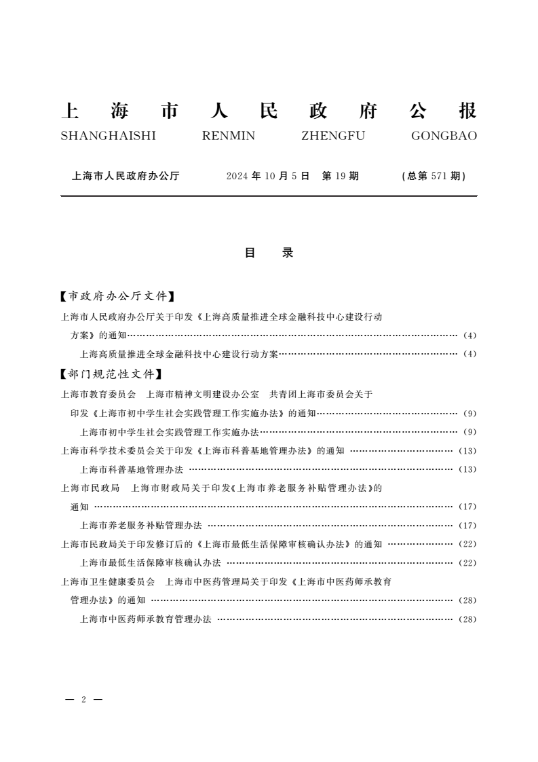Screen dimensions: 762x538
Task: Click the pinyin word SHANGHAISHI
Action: (x=109, y=136)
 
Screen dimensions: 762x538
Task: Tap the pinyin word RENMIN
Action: (x=229, y=136)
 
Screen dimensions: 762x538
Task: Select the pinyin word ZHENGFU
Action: (x=332, y=136)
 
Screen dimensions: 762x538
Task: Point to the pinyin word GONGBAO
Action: (x=444, y=136)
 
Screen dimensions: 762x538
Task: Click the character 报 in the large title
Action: (x=467, y=111)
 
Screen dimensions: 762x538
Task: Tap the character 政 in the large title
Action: (x=318, y=111)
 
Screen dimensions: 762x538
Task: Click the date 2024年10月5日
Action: (x=268, y=176)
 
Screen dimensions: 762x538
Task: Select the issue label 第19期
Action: (x=341, y=176)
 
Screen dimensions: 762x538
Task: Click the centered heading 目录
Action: (x=269, y=253)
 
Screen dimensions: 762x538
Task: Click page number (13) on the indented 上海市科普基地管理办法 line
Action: (x=468, y=469)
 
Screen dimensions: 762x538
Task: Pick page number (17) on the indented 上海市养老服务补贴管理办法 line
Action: (x=468, y=526)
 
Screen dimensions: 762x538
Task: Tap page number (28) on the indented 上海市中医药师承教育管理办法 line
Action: (x=468, y=619)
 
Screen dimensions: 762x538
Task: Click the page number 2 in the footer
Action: (x=83, y=700)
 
